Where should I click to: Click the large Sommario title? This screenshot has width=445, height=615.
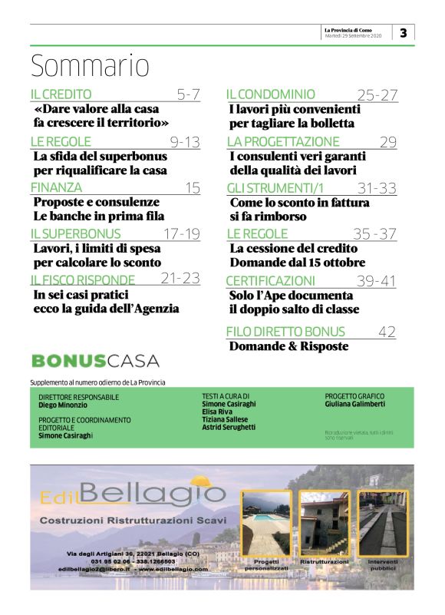pyautogui.click(x=90, y=66)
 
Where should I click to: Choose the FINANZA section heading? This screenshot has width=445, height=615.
pyautogui.click(x=56, y=187)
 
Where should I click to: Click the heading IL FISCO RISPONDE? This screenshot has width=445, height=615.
pyautogui.click(x=83, y=279)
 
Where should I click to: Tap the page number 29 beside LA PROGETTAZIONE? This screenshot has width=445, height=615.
pyautogui.click(x=387, y=141)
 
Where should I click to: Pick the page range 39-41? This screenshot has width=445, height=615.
pyautogui.click(x=376, y=281)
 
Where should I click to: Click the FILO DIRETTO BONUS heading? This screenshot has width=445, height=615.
pyautogui.click(x=285, y=332)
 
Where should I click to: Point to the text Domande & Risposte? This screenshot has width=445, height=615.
pyautogui.click(x=289, y=346)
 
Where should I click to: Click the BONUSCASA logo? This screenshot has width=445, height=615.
pyautogui.click(x=96, y=361)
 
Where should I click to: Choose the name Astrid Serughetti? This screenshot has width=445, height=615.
pyautogui.click(x=229, y=427)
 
